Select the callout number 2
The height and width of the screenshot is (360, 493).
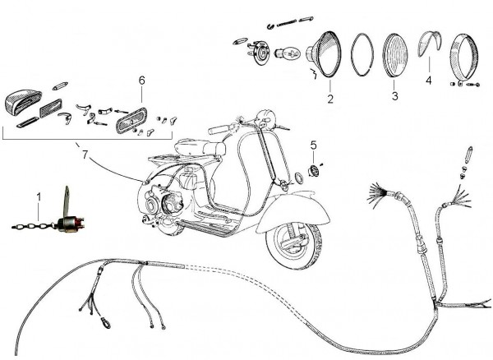(x=330, y=99)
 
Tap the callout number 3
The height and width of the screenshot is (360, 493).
(x=394, y=96)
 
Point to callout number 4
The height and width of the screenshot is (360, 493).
(x=428, y=81)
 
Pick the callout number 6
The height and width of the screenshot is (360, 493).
(x=141, y=81)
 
